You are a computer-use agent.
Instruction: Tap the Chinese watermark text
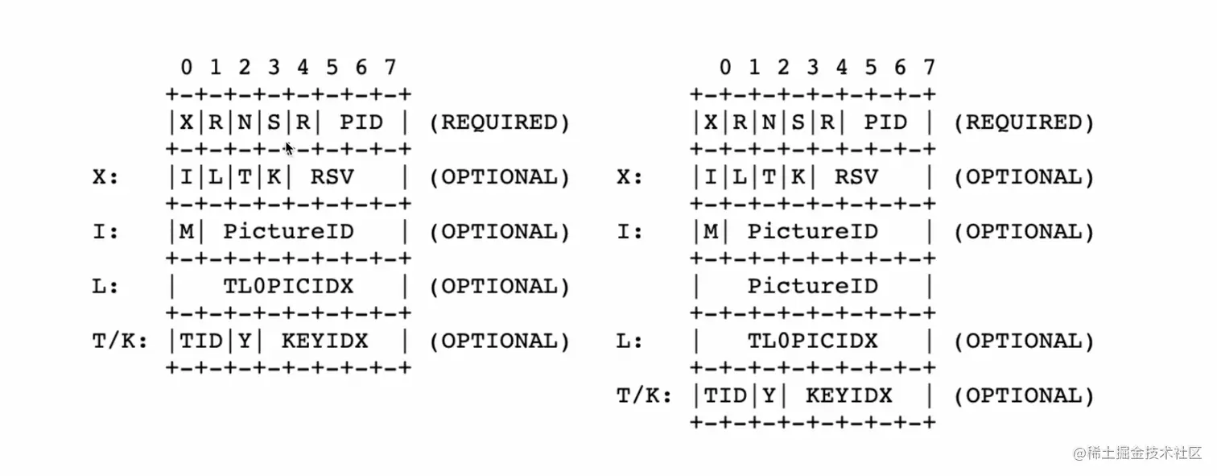pyautogui.click(x=1137, y=453)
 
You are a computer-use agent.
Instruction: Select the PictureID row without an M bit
pyautogui.click(x=812, y=286)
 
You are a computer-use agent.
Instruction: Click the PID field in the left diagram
pyautogui.click(x=361, y=122)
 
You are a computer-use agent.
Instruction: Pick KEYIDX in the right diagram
pyautogui.click(x=848, y=395)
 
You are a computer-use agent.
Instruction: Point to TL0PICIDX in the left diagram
pyautogui.click(x=288, y=286)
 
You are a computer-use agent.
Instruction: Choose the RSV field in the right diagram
pyautogui.click(x=856, y=177)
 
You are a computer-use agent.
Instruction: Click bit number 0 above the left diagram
pyautogui.click(x=187, y=67)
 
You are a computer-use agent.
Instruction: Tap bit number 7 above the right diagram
pyautogui.click(x=929, y=67)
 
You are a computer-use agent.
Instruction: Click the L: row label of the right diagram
pyautogui.click(x=630, y=341)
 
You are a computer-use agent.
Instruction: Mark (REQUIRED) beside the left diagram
pyautogui.click(x=499, y=122)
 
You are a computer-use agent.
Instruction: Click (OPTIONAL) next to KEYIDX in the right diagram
pyautogui.click(x=1024, y=395)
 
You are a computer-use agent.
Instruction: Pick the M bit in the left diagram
pyautogui.click(x=187, y=232)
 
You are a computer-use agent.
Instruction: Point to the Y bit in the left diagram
pyautogui.click(x=245, y=341)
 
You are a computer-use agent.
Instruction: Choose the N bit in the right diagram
pyautogui.click(x=769, y=122)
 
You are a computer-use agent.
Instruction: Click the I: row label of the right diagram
pyautogui.click(x=630, y=232)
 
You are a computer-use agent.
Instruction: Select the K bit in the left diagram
pyautogui.click(x=274, y=177)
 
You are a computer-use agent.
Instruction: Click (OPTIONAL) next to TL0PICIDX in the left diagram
pyautogui.click(x=499, y=286)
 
